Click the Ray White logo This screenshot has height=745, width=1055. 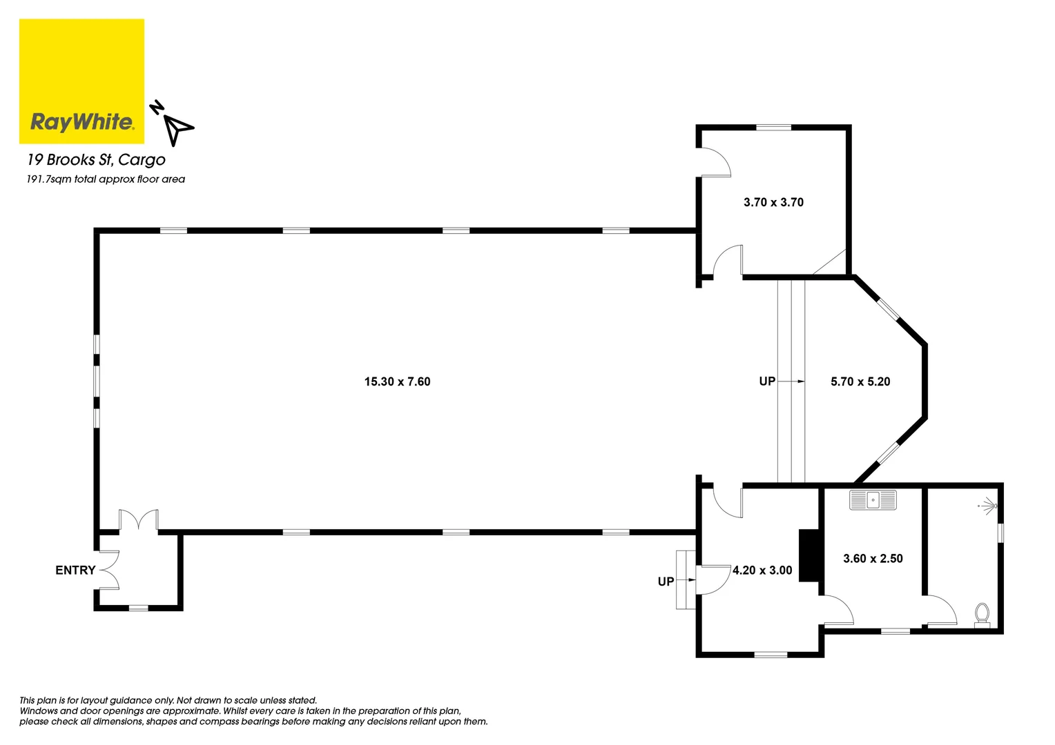[81, 81]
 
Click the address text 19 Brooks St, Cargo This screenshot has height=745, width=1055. [96, 159]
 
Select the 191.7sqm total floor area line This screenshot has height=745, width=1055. [106, 179]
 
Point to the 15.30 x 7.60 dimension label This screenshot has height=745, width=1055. [397, 381]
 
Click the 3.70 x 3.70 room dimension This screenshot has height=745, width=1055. [773, 202]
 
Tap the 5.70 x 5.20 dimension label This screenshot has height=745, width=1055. [860, 381]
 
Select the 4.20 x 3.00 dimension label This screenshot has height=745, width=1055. [762, 570]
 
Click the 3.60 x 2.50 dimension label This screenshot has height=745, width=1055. [873, 559]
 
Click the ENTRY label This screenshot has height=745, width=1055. [75, 570]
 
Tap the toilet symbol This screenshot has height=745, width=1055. [981, 614]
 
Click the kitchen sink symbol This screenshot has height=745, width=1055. [873, 500]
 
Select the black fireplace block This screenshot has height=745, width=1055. [809, 555]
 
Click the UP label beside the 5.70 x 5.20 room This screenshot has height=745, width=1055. [767, 381]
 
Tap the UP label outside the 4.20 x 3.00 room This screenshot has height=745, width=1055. [666, 582]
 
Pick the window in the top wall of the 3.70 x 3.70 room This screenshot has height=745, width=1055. [773, 127]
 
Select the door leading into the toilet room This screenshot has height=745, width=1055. [940, 610]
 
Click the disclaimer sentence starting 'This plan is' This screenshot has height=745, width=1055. [168, 700]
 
